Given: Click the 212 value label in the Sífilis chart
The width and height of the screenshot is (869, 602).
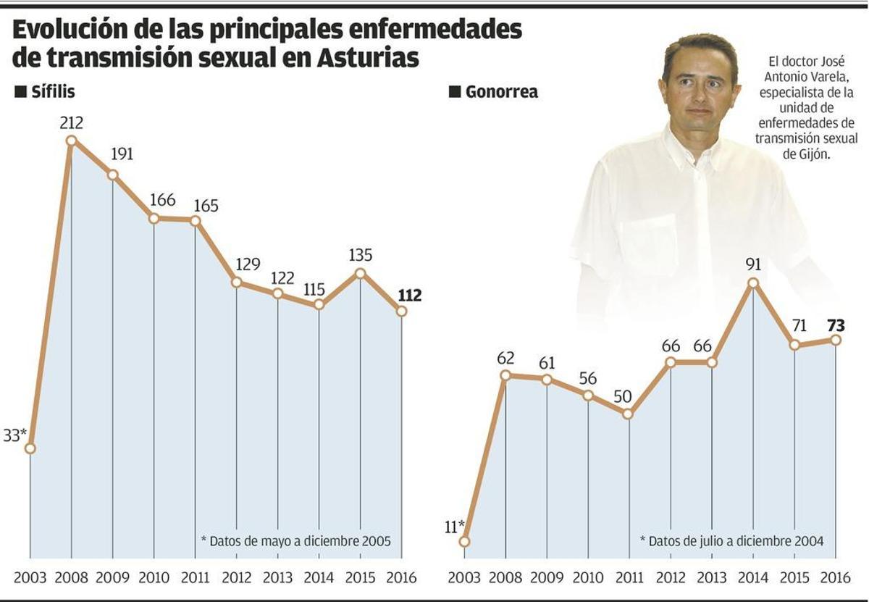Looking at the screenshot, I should pos(71,123).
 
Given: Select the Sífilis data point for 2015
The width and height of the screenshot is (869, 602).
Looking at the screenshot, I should pos(361,273).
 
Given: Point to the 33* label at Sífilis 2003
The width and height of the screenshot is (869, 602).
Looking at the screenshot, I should pos(15,435).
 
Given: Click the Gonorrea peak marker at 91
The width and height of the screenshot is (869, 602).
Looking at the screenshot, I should pos(753,283).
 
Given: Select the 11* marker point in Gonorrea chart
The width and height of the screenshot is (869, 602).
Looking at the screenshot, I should pos(464,541).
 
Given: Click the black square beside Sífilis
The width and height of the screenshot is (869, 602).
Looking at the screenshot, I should pos(20,92).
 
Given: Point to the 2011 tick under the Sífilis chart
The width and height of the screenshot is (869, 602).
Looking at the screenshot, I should pos(196,578).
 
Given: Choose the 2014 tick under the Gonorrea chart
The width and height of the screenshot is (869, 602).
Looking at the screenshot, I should pos(753,578).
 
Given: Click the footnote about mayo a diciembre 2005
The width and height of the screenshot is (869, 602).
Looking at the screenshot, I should pos(295,541).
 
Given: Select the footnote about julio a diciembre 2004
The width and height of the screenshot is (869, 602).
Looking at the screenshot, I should pos(731,541).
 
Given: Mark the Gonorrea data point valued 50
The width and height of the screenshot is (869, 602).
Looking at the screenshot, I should pos(629,414).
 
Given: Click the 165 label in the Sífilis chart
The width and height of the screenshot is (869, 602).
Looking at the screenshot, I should pos(206,205).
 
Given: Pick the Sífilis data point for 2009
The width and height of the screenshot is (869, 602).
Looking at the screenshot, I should pos(112,175).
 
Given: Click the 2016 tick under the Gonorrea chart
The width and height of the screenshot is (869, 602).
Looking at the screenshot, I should pos(836,578).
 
